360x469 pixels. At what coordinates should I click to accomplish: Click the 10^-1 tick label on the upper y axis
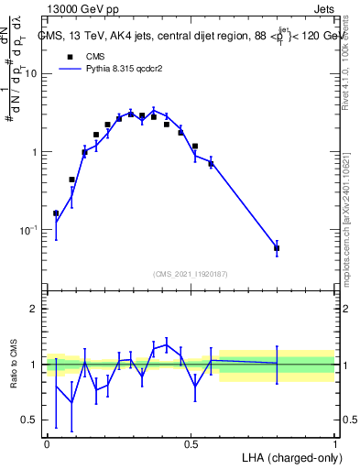(x=28, y=229)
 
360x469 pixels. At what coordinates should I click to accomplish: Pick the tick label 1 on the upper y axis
(x=35, y=152)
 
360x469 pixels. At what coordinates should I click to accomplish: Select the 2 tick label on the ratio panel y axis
(x=35, y=309)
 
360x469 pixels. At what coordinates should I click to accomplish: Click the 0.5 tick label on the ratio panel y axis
(x=30, y=420)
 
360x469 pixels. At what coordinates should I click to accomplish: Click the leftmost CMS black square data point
(x=57, y=213)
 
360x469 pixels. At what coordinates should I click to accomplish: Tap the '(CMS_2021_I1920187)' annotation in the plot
(x=191, y=274)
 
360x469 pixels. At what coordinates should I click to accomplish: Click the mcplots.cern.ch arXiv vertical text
(x=351, y=211)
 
